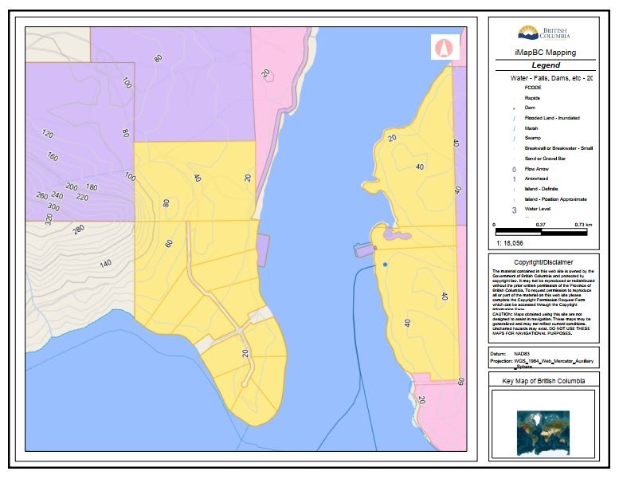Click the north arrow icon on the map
click(x=443, y=48)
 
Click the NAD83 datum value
click(x=522, y=352)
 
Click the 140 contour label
click(x=105, y=263)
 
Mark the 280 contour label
click(x=78, y=230)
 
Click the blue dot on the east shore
click(x=384, y=264)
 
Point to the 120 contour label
click(x=47, y=134)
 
